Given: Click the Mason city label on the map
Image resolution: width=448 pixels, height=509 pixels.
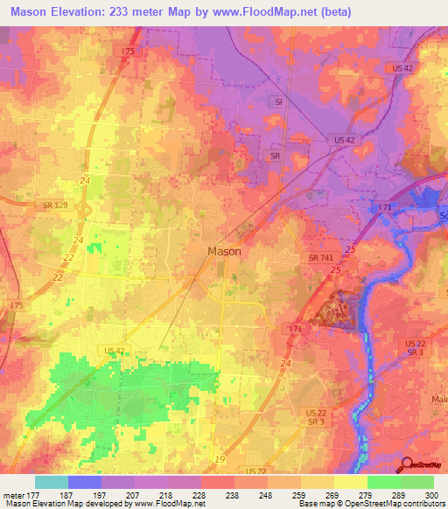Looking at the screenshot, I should coord(224,251).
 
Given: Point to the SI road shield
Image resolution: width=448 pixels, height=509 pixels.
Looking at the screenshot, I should coord(279,101).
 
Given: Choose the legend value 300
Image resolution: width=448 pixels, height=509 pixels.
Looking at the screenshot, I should coord(430,494).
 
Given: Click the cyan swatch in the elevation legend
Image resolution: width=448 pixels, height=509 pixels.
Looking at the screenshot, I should coord(52,482).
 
